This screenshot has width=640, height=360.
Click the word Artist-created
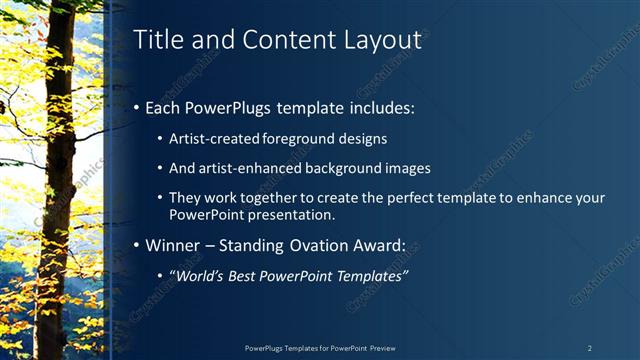(216, 138)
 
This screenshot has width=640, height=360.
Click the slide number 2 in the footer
(589, 348)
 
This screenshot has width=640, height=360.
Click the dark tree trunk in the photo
(55, 180)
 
